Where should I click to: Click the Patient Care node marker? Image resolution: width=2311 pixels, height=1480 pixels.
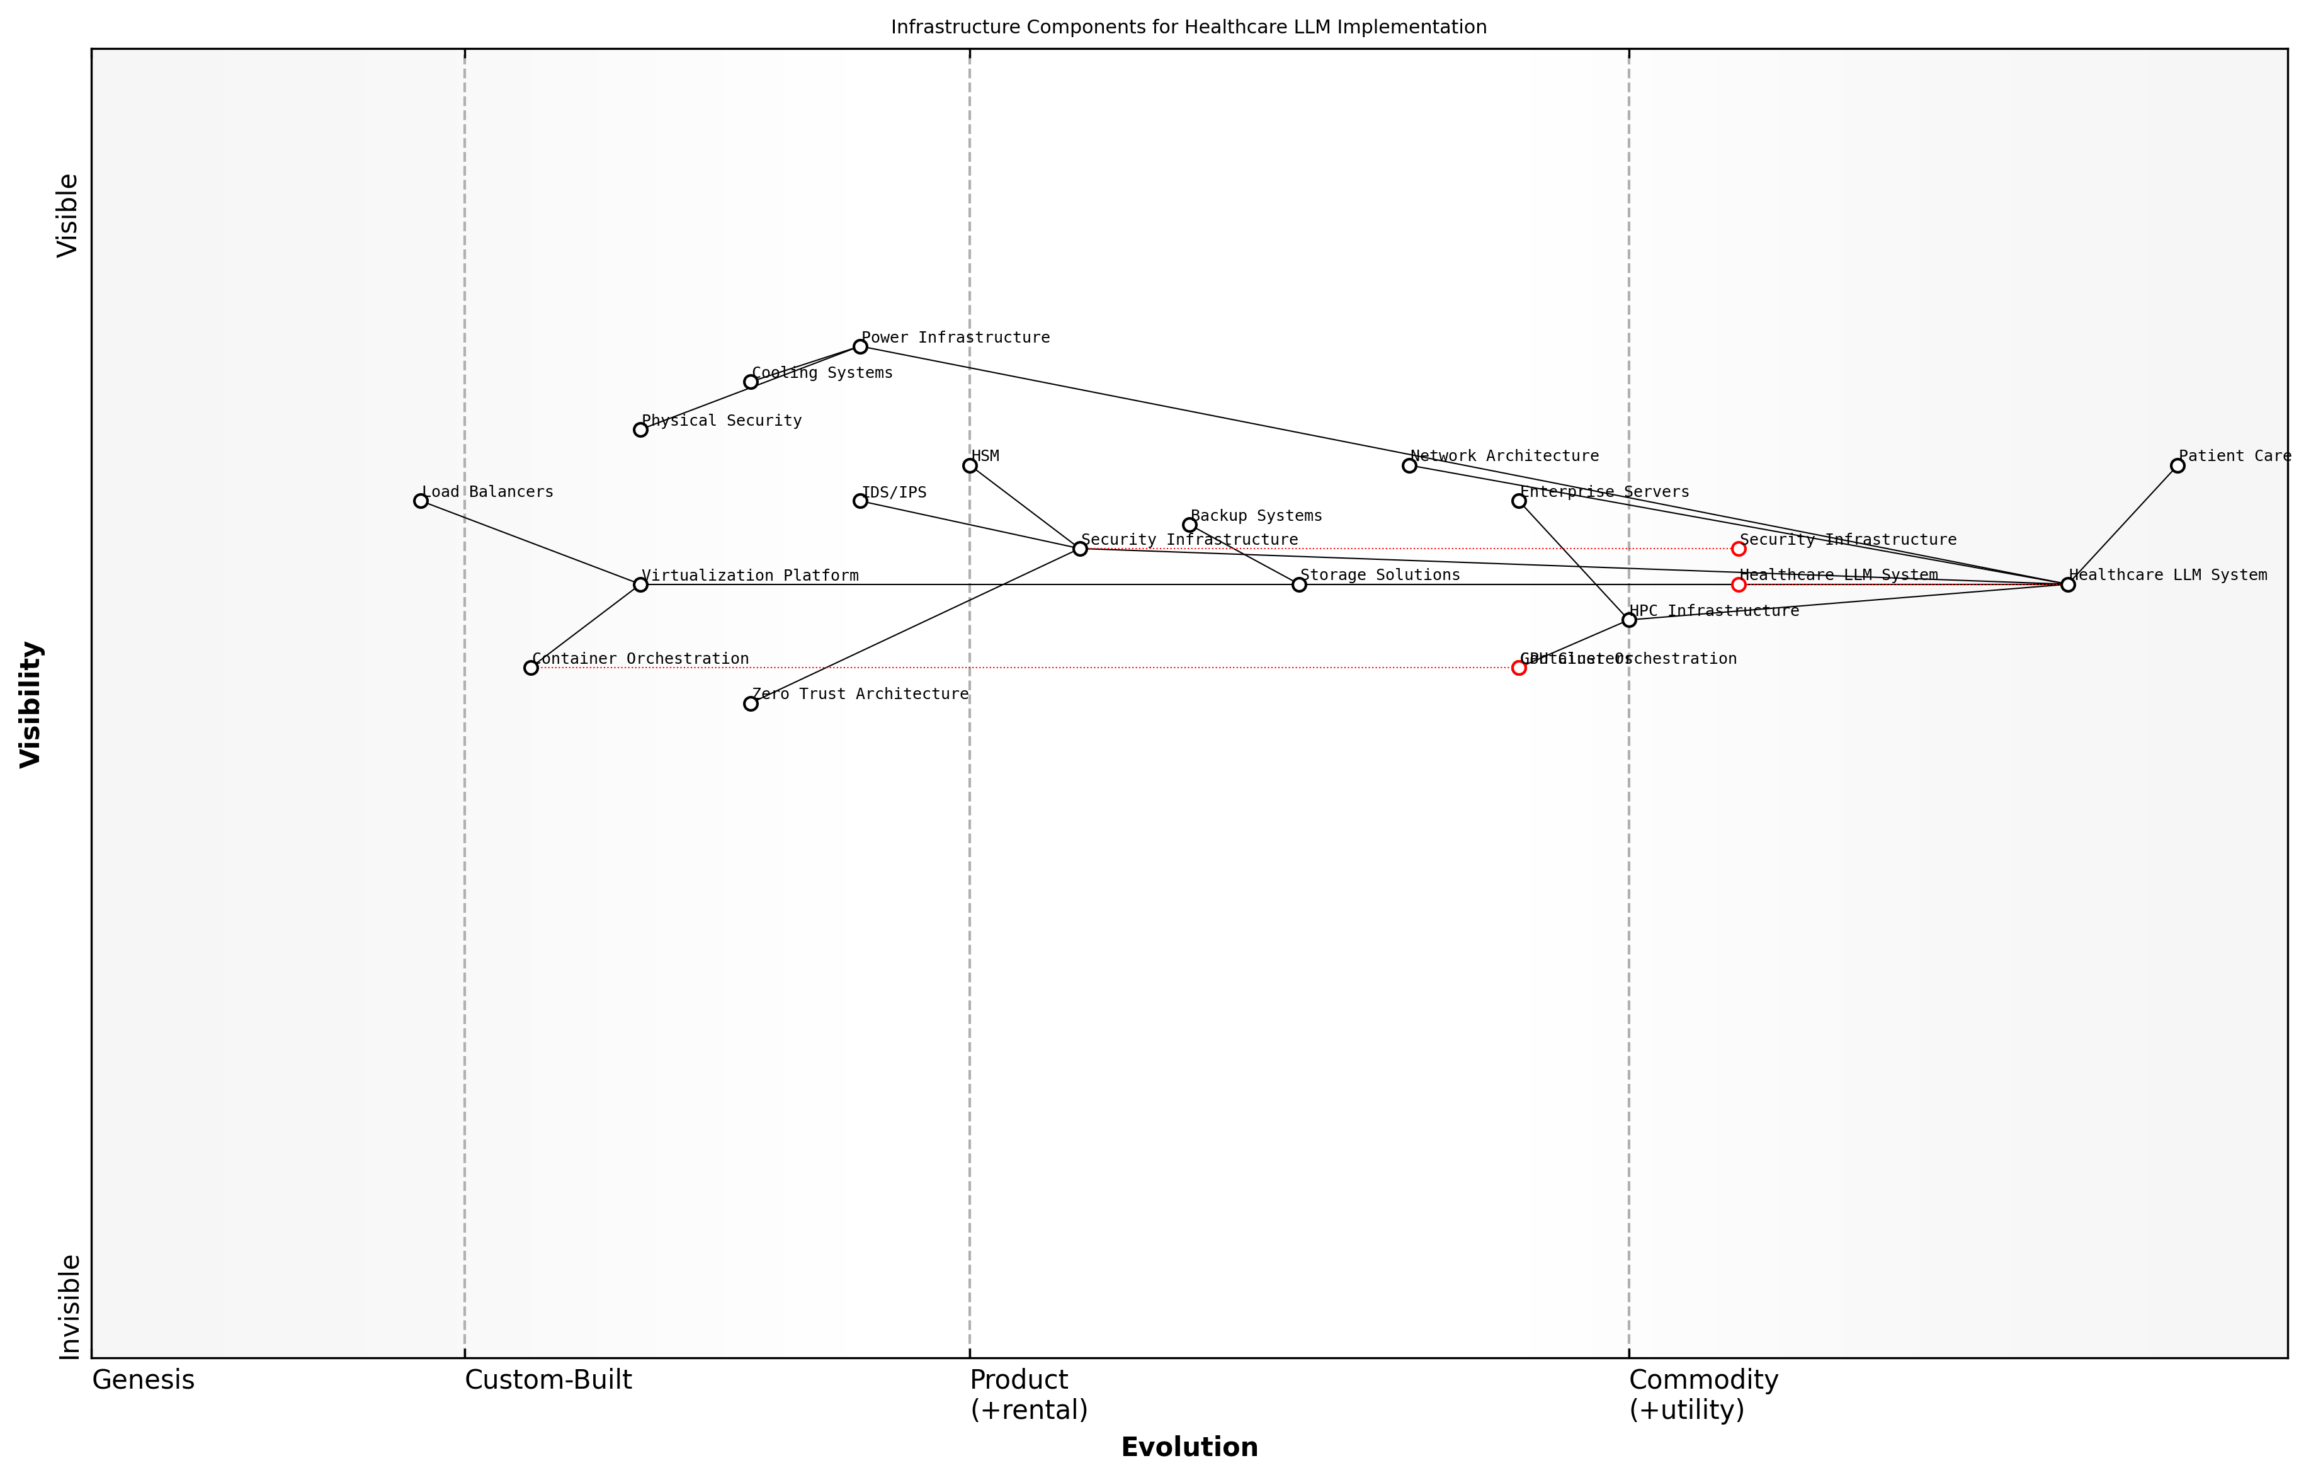(x=2178, y=466)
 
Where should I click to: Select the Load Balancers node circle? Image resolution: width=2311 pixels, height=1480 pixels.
(x=421, y=501)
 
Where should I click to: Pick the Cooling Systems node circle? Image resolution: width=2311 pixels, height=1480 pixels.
(x=751, y=382)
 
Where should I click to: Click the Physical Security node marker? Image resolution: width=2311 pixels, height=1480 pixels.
(x=641, y=430)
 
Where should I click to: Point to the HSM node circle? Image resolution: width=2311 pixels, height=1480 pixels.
(x=970, y=466)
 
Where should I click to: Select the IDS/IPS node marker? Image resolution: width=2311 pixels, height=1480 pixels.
(x=860, y=501)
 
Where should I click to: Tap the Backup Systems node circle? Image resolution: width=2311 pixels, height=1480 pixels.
(x=1190, y=525)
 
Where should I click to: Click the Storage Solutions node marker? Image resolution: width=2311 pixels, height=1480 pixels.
(x=1299, y=584)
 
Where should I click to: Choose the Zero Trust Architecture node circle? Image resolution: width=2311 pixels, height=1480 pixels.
(x=751, y=703)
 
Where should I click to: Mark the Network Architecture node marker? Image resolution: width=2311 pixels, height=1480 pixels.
(x=1409, y=466)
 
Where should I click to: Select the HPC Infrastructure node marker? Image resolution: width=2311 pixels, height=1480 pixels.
(x=1629, y=620)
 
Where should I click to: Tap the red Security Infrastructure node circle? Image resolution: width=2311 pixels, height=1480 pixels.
(x=1739, y=549)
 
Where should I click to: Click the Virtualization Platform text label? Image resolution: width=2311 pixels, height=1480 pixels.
(x=749, y=576)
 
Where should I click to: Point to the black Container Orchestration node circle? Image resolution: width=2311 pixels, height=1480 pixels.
(x=531, y=668)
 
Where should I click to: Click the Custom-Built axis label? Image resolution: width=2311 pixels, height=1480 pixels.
(x=548, y=1380)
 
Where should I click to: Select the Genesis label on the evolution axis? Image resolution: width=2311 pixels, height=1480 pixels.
(x=143, y=1380)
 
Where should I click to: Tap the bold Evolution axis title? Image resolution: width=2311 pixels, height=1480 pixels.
(x=1189, y=1447)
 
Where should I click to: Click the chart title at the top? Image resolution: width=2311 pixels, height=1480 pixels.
(x=1189, y=27)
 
